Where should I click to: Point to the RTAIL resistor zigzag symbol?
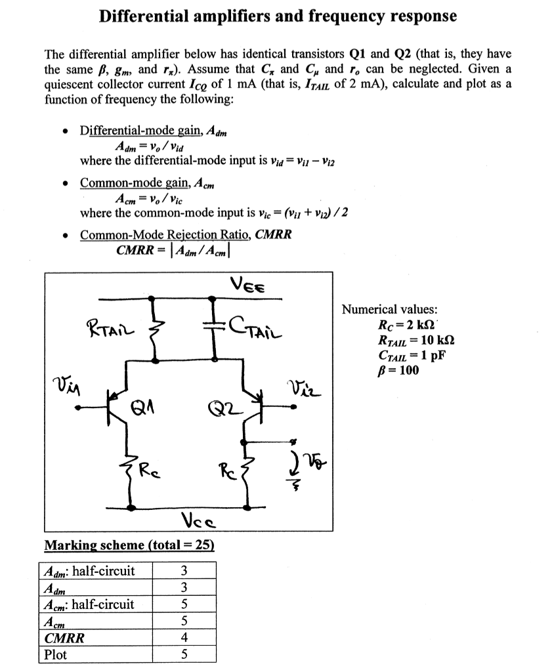[155, 328]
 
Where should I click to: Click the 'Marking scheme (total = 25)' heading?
[129, 545]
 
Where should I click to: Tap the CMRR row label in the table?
[64, 638]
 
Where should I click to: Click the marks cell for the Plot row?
[184, 654]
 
